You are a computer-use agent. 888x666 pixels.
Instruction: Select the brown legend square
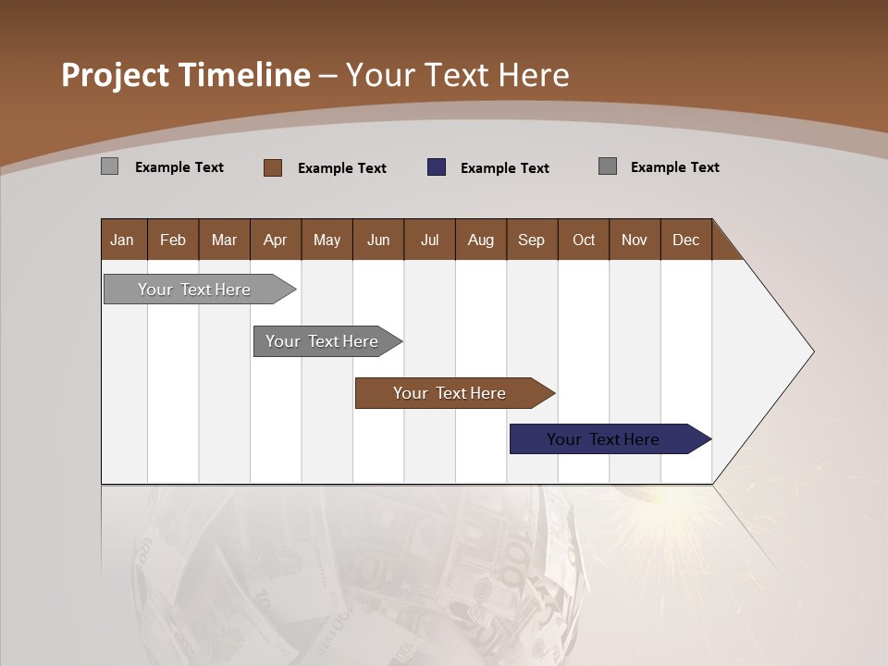point(273,167)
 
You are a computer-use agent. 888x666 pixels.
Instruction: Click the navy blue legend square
point(437,167)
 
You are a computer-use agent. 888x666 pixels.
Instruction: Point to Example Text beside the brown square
point(341,168)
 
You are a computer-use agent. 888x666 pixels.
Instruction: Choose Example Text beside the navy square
point(504,168)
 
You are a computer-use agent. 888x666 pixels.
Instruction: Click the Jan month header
point(122,240)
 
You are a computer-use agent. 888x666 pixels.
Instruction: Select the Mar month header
point(224,240)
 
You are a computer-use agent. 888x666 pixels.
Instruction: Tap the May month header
point(327,240)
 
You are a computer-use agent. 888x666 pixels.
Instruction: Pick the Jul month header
point(429,240)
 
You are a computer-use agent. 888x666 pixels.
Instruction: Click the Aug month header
point(480,240)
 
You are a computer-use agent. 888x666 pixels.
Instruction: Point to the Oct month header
point(584,240)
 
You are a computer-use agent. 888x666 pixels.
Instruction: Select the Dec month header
point(685,240)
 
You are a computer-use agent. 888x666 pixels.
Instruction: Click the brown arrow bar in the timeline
point(450,393)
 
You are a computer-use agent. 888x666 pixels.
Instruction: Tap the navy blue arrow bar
point(603,439)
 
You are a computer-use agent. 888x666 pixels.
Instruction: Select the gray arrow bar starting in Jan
point(194,290)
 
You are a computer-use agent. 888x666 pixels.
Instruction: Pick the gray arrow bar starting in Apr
point(322,341)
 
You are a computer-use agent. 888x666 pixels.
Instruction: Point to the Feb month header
point(173,240)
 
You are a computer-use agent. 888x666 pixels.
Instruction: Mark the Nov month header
point(634,240)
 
